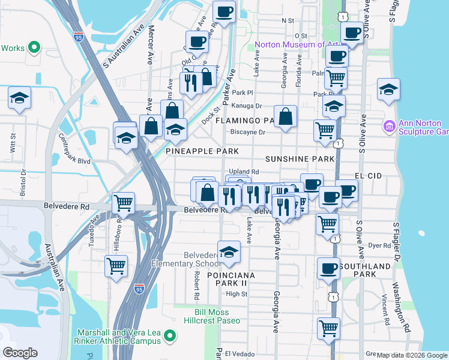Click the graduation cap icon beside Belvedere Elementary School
(228, 253)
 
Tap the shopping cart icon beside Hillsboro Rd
(115, 266)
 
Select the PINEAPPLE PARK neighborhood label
(202, 151)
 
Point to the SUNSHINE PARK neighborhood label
(300, 159)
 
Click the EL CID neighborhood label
(368, 176)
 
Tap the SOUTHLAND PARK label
(365, 270)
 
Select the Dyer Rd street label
(379, 245)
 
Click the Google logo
(20, 353)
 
